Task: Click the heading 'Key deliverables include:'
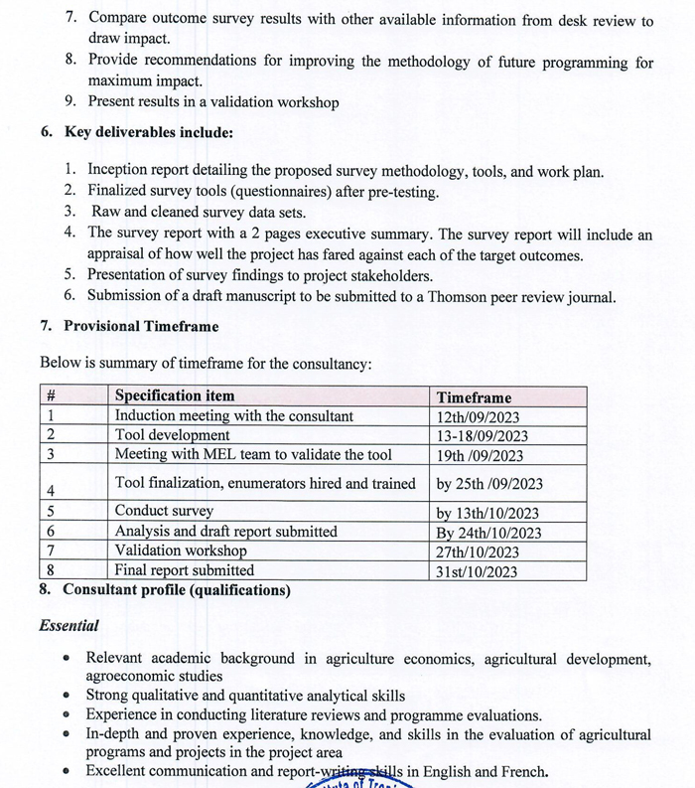pos(149,132)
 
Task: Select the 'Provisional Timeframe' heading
pos(141,326)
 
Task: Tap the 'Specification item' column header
pos(175,396)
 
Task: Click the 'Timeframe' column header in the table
pos(474,397)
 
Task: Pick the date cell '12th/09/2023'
pos(478,417)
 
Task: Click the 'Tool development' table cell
pos(173,435)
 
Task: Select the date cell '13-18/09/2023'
pos(483,436)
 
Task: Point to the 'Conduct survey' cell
pos(164,512)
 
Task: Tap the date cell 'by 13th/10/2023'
pos(487,513)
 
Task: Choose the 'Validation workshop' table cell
pos(181,551)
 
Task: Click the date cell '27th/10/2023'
pos(478,552)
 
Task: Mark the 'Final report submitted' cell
pos(185,570)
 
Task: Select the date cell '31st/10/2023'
pos(478,571)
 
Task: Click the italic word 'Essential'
pos(69,626)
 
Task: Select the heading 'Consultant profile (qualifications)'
pos(177,590)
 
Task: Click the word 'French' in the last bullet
pos(522,771)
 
